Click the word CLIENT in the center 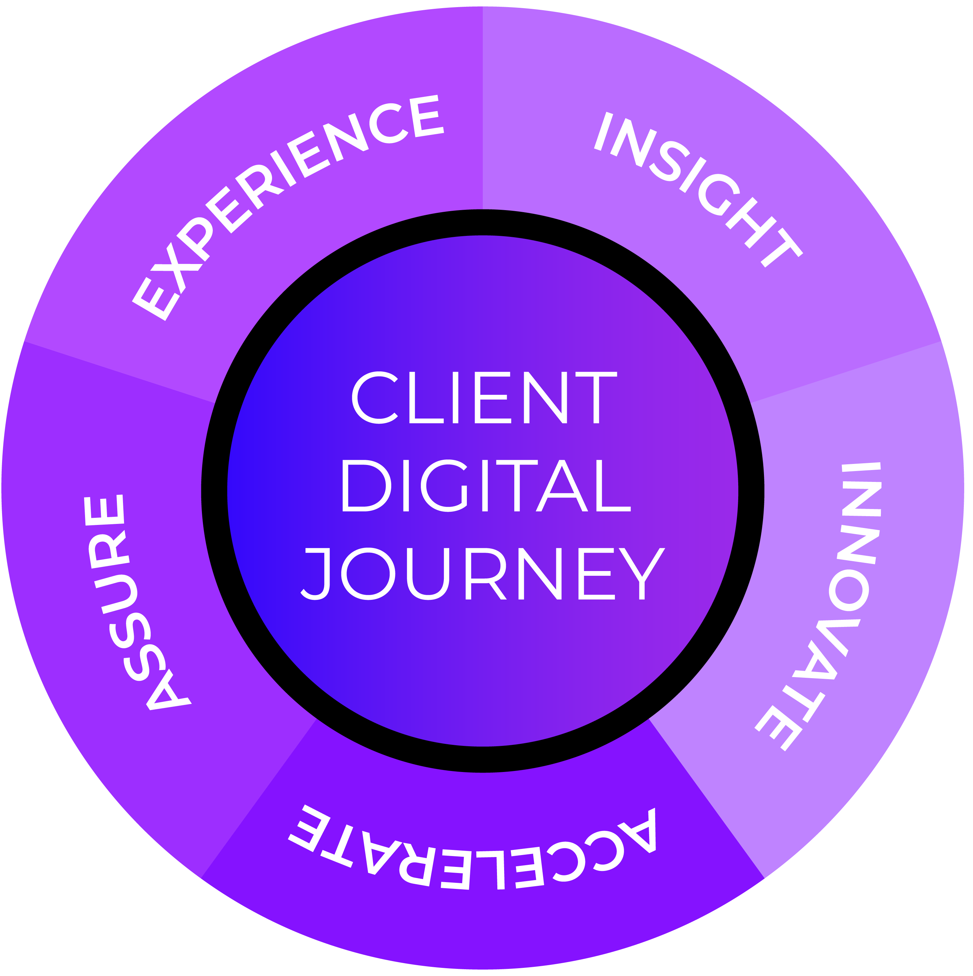(484, 398)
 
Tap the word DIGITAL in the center (486, 486)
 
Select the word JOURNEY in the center (483, 574)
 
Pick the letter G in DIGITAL (444, 486)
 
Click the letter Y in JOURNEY (642, 574)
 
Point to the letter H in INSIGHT (751, 223)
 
